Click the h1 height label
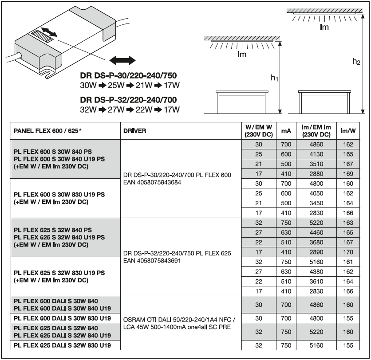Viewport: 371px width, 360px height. [x=274, y=78]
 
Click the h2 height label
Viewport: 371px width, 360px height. [x=356, y=62]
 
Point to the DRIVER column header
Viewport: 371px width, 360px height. [x=135, y=131]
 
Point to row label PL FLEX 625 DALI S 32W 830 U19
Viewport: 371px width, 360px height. [x=62, y=345]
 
